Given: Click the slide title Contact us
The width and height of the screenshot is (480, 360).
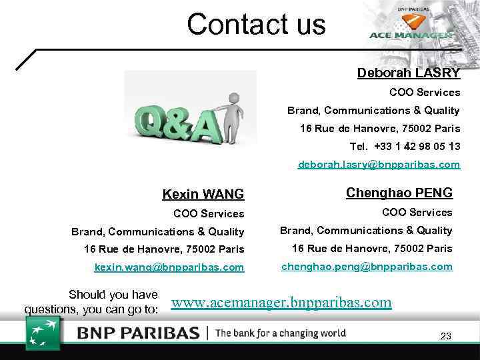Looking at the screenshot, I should (256, 25).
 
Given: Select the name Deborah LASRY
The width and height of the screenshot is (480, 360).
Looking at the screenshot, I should (408, 73).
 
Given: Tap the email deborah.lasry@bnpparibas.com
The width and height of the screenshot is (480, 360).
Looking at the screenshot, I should (379, 163).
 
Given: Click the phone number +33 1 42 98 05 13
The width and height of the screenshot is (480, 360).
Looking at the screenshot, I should (417, 146).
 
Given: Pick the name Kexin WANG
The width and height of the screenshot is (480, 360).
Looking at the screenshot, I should (203, 195).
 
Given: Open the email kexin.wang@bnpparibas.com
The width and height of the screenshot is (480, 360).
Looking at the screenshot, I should (169, 267).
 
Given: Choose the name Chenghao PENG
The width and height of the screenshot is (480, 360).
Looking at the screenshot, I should (399, 193).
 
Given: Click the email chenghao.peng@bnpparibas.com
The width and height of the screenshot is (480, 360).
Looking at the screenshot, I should (367, 266).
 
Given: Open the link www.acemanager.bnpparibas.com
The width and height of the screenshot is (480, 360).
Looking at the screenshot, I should (281, 303).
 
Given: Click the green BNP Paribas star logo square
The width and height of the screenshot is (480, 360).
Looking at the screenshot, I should (43, 333).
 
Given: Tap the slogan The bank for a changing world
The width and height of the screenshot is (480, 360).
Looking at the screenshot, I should (281, 333).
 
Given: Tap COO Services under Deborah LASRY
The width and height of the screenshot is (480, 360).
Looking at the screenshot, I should (425, 92).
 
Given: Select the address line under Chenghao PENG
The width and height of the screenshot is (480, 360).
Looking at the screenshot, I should (372, 249).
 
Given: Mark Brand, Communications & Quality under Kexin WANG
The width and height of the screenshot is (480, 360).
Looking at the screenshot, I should (158, 232).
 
